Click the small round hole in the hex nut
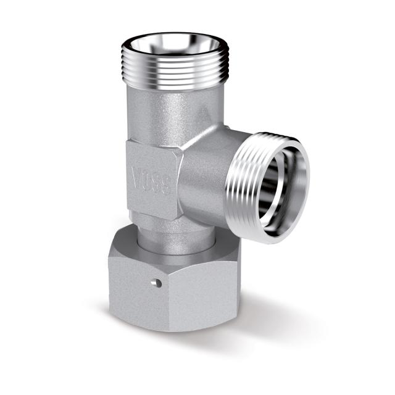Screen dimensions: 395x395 click(157, 283)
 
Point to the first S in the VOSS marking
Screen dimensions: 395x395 click(157, 183)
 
